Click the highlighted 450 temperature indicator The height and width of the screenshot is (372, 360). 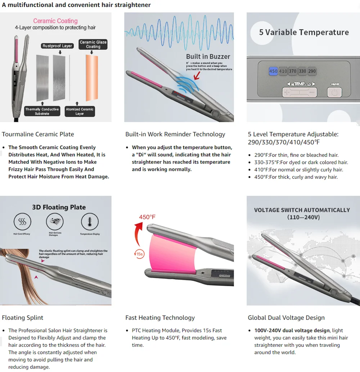tap(273, 71)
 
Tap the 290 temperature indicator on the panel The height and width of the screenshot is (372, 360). tap(312, 71)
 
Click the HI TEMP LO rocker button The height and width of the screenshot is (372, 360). tap(300, 92)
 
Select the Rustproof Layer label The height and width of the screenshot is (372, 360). tap(57, 46)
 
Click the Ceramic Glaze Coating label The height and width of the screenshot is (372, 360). tap(93, 44)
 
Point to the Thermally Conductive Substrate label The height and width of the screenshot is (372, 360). tap(42, 111)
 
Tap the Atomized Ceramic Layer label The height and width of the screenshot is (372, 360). tap(80, 111)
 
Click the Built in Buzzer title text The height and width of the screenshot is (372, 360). tap(208, 56)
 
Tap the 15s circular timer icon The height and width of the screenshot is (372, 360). tap(139, 254)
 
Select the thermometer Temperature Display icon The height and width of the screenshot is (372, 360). tap(90, 222)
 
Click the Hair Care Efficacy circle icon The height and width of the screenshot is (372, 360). tap(22, 222)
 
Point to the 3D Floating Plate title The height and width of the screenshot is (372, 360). tap(59, 207)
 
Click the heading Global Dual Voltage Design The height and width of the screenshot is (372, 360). tap(286, 318)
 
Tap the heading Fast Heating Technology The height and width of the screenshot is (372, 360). tap(160, 318)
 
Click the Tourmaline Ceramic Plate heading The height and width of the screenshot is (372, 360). tap(38, 134)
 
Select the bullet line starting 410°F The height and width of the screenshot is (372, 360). tap(296, 170)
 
